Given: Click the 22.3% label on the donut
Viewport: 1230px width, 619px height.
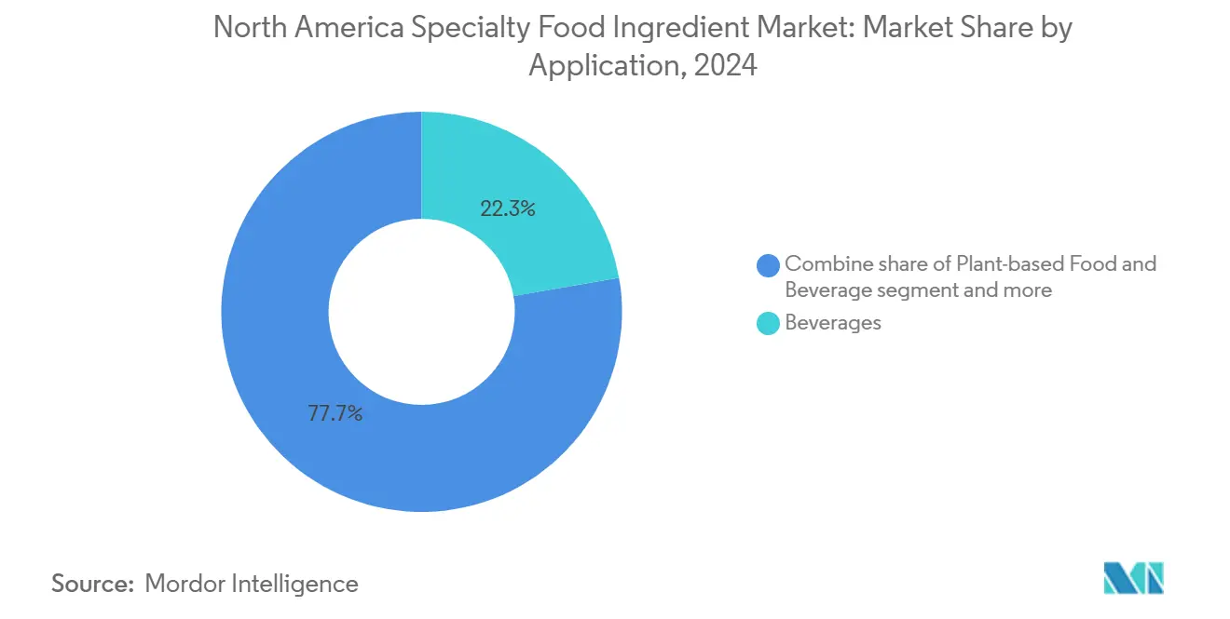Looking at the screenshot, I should (508, 209).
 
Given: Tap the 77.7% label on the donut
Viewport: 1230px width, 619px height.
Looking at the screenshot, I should (335, 413).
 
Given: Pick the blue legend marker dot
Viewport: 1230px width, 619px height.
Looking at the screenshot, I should (769, 265).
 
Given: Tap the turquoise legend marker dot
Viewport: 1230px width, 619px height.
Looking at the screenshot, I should (769, 323).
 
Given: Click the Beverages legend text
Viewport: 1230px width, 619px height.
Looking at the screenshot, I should (833, 323).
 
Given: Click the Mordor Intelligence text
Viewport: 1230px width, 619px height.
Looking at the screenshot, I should (252, 584).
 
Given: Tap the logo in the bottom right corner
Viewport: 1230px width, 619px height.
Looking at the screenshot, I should (1133, 578).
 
